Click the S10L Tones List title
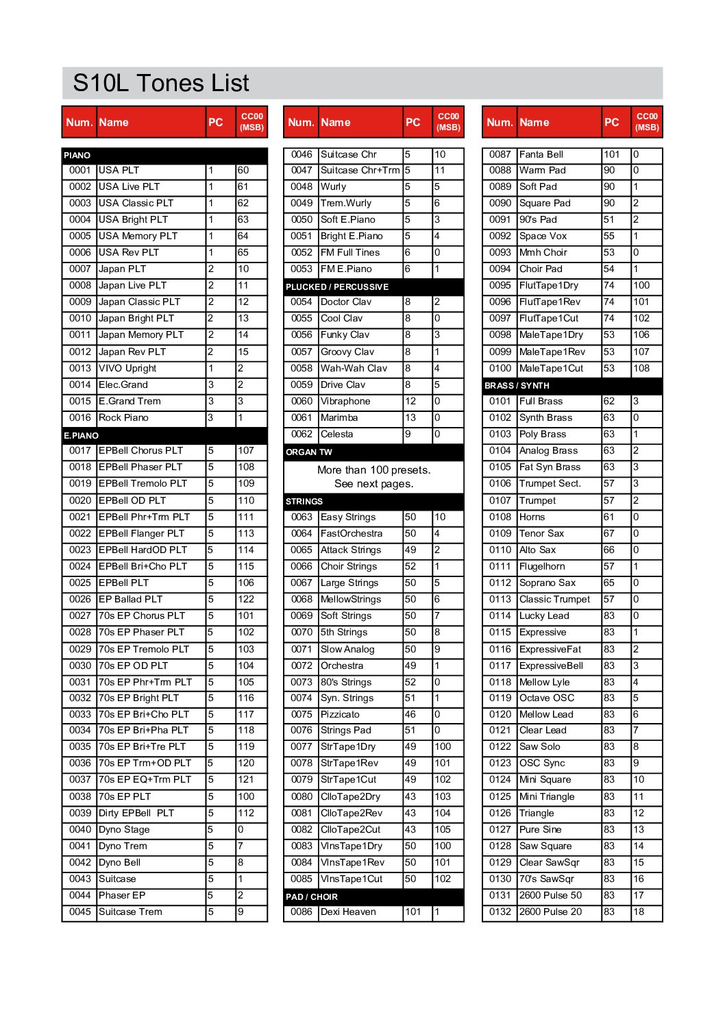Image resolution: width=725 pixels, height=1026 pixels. click(x=161, y=83)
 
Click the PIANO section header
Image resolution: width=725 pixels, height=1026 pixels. click(x=77, y=156)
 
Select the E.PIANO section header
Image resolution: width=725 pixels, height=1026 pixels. click(x=82, y=435)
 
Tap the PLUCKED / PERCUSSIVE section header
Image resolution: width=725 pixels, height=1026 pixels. click(x=337, y=286)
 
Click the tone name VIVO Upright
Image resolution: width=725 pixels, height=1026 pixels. click(x=127, y=368)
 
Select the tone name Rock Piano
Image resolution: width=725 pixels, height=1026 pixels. click(x=123, y=417)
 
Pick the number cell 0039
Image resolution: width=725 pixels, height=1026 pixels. click(x=79, y=813)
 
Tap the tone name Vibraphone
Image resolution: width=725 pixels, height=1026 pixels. click(x=345, y=401)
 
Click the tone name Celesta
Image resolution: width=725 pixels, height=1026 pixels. click(x=337, y=434)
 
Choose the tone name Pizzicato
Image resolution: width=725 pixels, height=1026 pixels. click(x=340, y=714)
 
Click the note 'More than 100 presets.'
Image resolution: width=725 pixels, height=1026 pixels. click(x=373, y=470)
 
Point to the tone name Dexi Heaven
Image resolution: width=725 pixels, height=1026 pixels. click(x=348, y=912)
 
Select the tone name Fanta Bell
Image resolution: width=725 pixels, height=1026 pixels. click(x=541, y=154)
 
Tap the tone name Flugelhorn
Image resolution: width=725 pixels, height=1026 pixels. click(x=542, y=566)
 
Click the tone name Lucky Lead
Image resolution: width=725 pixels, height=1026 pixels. click(x=544, y=615)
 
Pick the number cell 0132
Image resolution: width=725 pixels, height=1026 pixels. click(x=500, y=912)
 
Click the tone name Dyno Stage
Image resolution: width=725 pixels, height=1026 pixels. click(x=124, y=829)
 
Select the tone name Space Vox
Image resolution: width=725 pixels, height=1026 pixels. click(x=543, y=236)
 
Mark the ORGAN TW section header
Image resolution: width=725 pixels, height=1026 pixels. click(x=309, y=452)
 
